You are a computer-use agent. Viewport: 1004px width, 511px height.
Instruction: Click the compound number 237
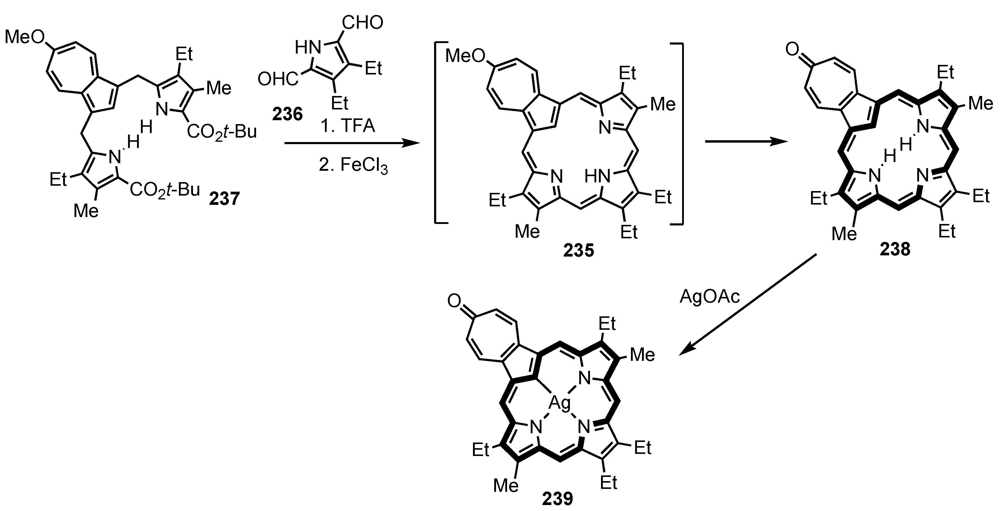(224, 199)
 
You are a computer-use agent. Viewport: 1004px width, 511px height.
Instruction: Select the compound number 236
(287, 114)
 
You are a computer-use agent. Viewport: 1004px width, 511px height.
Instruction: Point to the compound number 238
(895, 249)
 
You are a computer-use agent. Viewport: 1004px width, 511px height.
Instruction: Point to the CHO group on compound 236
(363, 23)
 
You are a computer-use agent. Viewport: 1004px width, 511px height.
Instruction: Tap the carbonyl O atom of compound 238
(792, 50)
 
